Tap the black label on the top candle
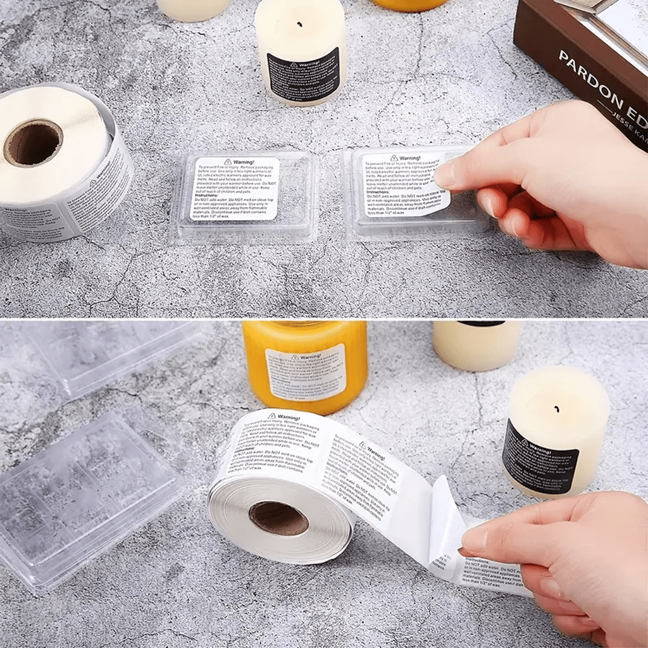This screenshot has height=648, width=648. (303, 75)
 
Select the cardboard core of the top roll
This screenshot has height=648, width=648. (33, 142)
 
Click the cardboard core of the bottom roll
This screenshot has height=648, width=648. (278, 518)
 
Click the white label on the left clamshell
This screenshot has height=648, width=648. (235, 189)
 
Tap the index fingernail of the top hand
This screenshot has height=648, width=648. (445, 174)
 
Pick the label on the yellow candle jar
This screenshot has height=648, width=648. (306, 373)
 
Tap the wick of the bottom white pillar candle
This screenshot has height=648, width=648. (556, 408)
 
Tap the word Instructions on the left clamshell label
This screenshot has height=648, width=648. (207, 196)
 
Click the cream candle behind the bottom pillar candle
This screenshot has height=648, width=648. (475, 345)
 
